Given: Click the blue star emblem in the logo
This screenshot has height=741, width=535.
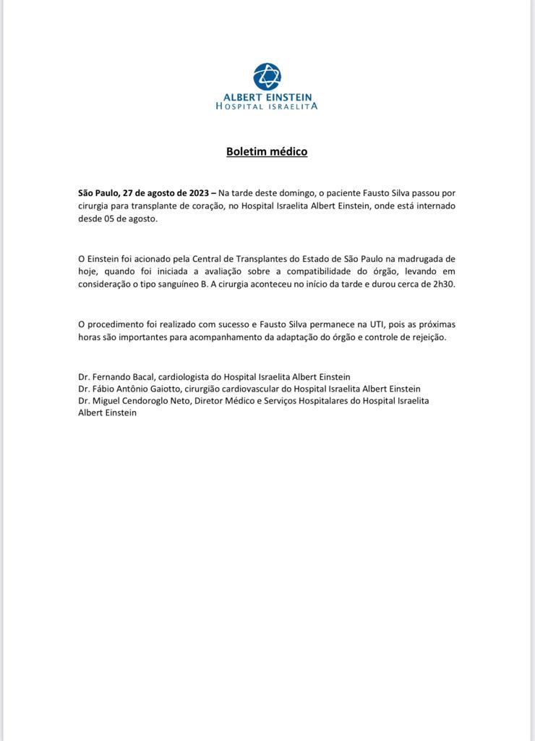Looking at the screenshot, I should click(267, 76).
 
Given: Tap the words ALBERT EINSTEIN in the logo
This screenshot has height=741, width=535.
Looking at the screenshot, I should click(267, 97).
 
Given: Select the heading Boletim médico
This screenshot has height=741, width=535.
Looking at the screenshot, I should click(267, 151).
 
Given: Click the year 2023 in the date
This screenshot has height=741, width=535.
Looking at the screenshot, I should click(197, 193).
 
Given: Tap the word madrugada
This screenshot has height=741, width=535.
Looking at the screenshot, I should click(418, 258).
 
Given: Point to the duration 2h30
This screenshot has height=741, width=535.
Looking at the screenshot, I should click(444, 284).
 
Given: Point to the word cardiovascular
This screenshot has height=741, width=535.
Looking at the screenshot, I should click(245, 389).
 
